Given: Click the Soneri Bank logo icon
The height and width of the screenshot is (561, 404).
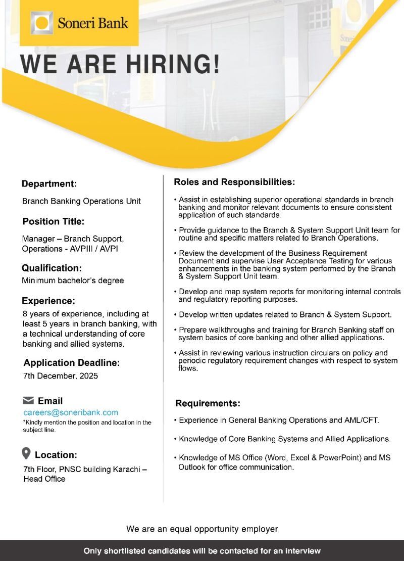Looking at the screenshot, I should (42, 23).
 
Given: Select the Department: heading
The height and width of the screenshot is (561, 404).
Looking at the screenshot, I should (49, 184).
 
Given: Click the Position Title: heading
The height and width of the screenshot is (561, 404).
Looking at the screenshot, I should (54, 221).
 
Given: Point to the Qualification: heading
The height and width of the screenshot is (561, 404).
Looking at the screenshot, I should (52, 268).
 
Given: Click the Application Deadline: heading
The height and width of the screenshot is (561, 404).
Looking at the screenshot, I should (71, 363).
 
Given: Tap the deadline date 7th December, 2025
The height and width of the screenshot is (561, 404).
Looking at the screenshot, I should (60, 376).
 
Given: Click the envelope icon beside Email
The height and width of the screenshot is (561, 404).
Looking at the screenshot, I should (28, 401).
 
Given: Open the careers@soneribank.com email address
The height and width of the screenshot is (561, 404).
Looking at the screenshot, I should (71, 413).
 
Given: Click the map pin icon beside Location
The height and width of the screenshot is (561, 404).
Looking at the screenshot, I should (27, 453).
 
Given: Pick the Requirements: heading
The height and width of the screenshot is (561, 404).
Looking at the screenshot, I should (208, 403).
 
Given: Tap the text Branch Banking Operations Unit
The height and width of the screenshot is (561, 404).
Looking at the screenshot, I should (81, 201).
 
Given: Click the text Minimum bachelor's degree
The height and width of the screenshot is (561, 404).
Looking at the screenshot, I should (73, 280).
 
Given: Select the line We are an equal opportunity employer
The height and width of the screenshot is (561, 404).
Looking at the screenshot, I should (202, 529).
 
